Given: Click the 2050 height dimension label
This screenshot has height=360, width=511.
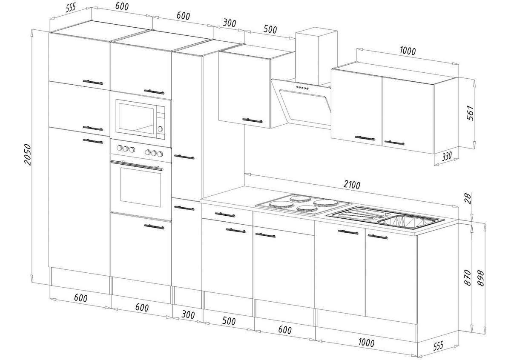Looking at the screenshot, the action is (x=28, y=155).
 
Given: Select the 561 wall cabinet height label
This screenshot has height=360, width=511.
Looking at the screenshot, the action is (x=470, y=113).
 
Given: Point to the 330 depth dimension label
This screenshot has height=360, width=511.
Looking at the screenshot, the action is (x=446, y=157).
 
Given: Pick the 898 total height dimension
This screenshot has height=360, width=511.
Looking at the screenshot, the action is (x=480, y=278).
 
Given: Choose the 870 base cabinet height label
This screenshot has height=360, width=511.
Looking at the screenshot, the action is (x=468, y=277).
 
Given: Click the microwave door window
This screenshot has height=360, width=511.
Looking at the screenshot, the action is (x=136, y=119).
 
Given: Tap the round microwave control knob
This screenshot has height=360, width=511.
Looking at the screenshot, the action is (x=161, y=129).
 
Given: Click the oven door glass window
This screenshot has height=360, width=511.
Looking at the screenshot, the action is (x=141, y=187).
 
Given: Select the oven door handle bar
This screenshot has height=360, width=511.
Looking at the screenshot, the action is (x=137, y=165).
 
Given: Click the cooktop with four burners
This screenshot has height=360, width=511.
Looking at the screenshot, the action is (x=303, y=205).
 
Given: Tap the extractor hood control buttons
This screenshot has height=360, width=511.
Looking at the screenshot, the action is (x=302, y=88).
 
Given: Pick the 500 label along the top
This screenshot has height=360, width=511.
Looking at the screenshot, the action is (x=270, y=29).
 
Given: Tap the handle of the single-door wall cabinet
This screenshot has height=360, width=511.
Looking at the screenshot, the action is (x=253, y=120).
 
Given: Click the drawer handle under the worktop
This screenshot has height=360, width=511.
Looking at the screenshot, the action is (x=225, y=214).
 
